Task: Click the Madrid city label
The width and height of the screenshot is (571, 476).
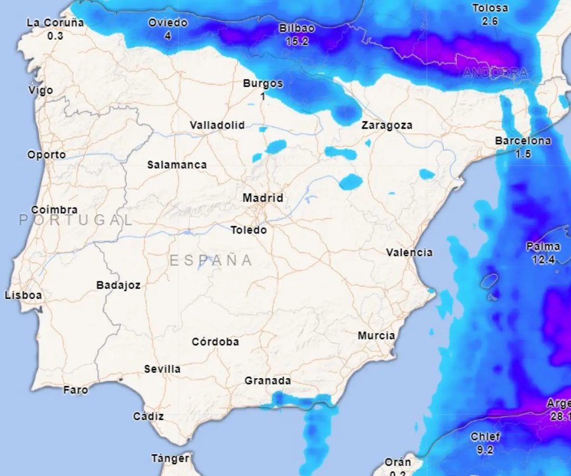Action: click(263, 198)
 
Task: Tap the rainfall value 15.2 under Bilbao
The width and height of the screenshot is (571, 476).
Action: click(297, 41)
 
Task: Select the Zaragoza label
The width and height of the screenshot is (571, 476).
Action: click(387, 125)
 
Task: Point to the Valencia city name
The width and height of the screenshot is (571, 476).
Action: click(409, 252)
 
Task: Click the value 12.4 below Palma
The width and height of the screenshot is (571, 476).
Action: click(544, 260)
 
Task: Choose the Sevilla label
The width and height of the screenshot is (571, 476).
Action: click(162, 369)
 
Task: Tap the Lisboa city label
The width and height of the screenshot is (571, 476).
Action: click(23, 295)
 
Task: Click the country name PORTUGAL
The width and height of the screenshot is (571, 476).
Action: click(76, 220)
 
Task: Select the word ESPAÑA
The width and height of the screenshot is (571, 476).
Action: click(211, 260)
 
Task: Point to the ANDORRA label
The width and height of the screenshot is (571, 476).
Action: click(495, 73)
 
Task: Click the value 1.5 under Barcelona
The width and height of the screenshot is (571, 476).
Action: click(523, 154)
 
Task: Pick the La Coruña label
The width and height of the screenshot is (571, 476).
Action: click(55, 23)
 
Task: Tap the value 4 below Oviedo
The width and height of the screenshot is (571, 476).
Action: click(168, 36)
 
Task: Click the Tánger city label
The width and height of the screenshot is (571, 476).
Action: click(170, 458)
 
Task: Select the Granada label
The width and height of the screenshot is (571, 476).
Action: click(268, 380)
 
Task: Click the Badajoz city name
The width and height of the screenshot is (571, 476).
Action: click(118, 285)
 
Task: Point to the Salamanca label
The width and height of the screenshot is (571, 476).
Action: click(177, 164)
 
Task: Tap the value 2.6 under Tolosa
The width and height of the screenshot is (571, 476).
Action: click(490, 21)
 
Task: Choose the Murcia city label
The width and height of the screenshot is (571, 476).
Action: click(376, 335)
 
